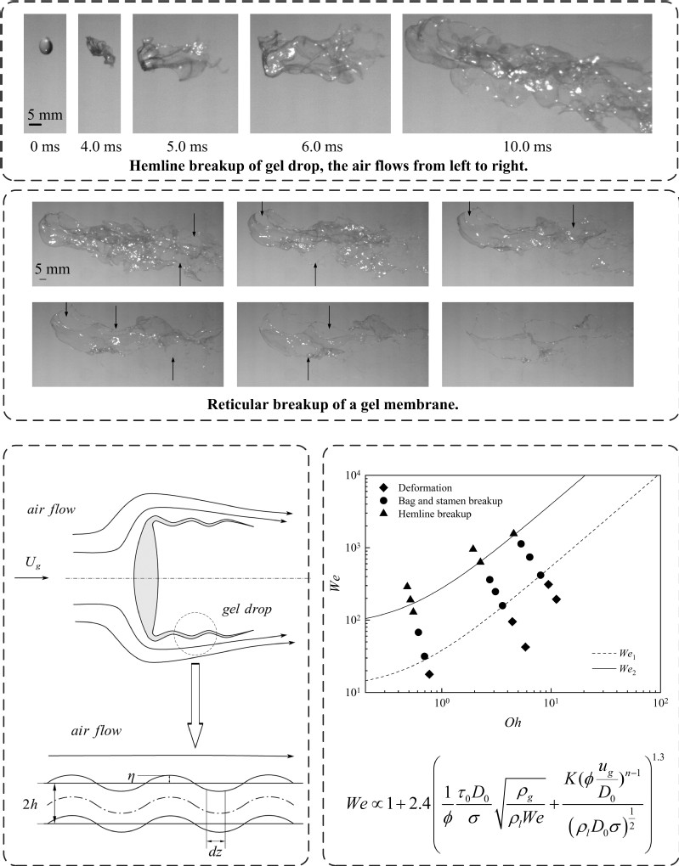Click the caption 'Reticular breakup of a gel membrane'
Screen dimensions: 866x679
(340, 402)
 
